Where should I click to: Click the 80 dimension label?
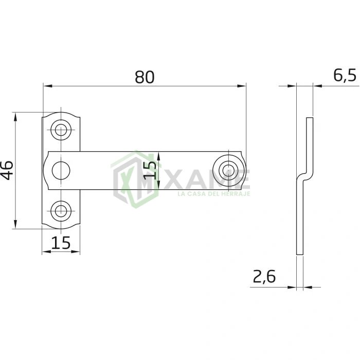145,77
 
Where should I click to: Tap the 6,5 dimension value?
345,76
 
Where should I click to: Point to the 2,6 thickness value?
264,277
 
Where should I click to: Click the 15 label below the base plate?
61,243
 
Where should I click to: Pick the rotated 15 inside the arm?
150,170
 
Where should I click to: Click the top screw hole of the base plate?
61,130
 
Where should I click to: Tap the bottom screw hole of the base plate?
61,211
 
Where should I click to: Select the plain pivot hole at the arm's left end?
61,171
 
